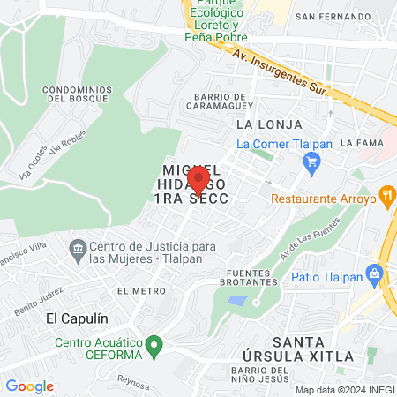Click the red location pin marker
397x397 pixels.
198,180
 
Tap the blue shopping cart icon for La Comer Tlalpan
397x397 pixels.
311,161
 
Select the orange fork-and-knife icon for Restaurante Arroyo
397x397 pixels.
386,196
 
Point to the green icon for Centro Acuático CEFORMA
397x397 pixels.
155,344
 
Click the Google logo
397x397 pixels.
29,386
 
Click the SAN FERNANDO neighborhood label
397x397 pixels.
328,16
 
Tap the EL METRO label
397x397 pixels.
135,290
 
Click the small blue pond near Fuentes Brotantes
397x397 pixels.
236,301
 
